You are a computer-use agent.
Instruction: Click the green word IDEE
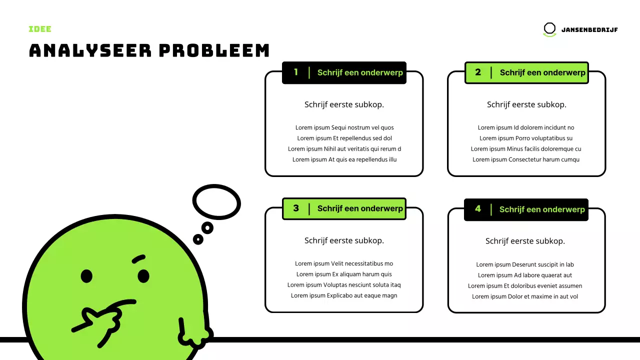(x=40, y=29)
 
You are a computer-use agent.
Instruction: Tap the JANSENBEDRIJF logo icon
(x=549, y=29)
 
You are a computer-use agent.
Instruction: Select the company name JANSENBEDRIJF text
(x=589, y=30)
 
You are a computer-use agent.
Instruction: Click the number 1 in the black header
(x=296, y=72)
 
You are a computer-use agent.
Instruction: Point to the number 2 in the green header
(x=478, y=72)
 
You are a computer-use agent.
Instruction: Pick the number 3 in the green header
(x=296, y=208)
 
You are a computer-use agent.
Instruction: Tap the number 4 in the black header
(x=478, y=209)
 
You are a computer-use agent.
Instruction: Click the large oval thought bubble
(x=216, y=202)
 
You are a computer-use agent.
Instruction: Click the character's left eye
(x=86, y=275)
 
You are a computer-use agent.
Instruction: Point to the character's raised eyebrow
(x=138, y=259)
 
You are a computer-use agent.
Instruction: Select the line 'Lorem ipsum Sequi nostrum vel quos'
(x=344, y=127)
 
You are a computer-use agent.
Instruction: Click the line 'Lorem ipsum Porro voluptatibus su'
(x=526, y=138)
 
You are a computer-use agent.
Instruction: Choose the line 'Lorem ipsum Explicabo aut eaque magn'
(x=344, y=295)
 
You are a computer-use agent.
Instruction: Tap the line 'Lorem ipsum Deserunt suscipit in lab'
(x=525, y=264)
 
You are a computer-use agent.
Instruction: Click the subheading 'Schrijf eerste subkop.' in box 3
(x=344, y=240)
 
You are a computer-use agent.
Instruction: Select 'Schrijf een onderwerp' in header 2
(x=542, y=72)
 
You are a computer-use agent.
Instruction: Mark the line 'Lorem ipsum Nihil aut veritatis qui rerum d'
(x=344, y=149)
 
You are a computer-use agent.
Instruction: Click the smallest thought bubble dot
(x=198, y=239)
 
